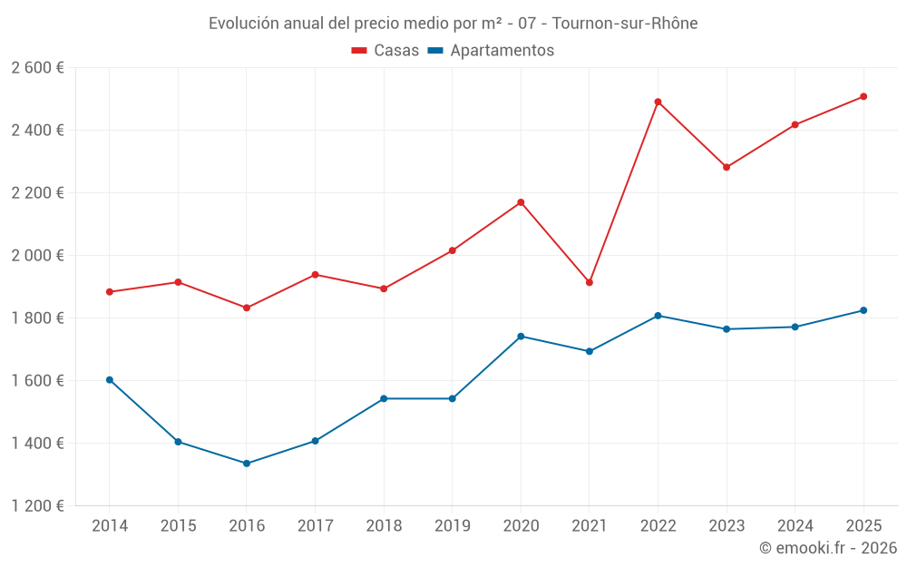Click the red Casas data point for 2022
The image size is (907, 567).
click(658, 102)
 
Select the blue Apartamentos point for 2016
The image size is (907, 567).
click(247, 464)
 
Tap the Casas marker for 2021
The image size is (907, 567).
click(590, 282)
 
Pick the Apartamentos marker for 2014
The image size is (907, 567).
click(110, 380)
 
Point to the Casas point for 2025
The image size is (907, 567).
click(863, 96)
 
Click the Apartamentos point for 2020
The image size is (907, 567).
click(521, 337)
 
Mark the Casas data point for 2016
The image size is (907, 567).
click(247, 308)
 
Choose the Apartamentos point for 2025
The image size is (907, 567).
click(863, 310)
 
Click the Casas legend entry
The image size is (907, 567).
click(385, 51)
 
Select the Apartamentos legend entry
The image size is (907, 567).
click(491, 51)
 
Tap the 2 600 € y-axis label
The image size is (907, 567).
click(37, 68)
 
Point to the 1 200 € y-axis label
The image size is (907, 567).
click(37, 506)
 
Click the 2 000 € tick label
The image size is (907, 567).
click(37, 256)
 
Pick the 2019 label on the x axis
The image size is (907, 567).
click(452, 526)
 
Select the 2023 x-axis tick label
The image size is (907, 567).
click(727, 526)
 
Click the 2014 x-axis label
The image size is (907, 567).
click(110, 526)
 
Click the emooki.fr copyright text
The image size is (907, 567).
click(828, 548)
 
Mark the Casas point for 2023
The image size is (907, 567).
click(727, 167)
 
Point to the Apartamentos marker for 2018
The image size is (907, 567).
click(384, 398)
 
